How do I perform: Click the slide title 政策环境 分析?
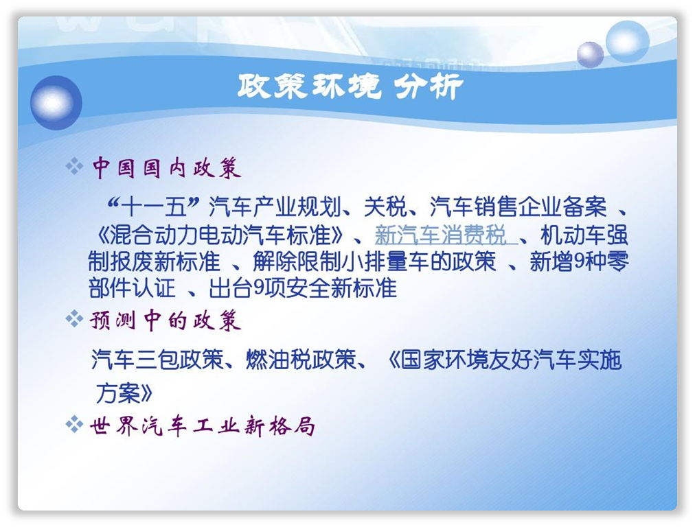pyautogui.click(x=350, y=86)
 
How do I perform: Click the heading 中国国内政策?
pyautogui.click(x=167, y=168)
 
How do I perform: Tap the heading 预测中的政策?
pyautogui.click(x=166, y=320)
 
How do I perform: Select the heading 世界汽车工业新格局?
pyautogui.click(x=202, y=426)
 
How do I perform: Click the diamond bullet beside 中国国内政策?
pyautogui.click(x=74, y=167)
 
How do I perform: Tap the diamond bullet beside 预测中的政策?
pyautogui.click(x=74, y=319)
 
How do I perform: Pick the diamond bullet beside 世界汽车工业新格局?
pyautogui.click(x=74, y=425)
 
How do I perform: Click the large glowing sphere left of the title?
pyautogui.click(x=56, y=102)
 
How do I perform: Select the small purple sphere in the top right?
pyautogui.click(x=590, y=54)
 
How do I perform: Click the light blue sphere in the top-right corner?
pyautogui.click(x=627, y=41)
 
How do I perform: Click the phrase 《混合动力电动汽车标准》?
pyautogui.click(x=220, y=235)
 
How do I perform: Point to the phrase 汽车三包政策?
pyautogui.click(x=157, y=359)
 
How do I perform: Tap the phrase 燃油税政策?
pyautogui.click(x=301, y=359)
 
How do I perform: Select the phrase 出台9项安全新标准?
pyautogui.click(x=302, y=288)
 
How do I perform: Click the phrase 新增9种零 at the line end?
pyautogui.click(x=580, y=261)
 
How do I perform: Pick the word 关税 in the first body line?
pyautogui.click(x=385, y=207)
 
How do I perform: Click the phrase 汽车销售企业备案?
pyautogui.click(x=518, y=207)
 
